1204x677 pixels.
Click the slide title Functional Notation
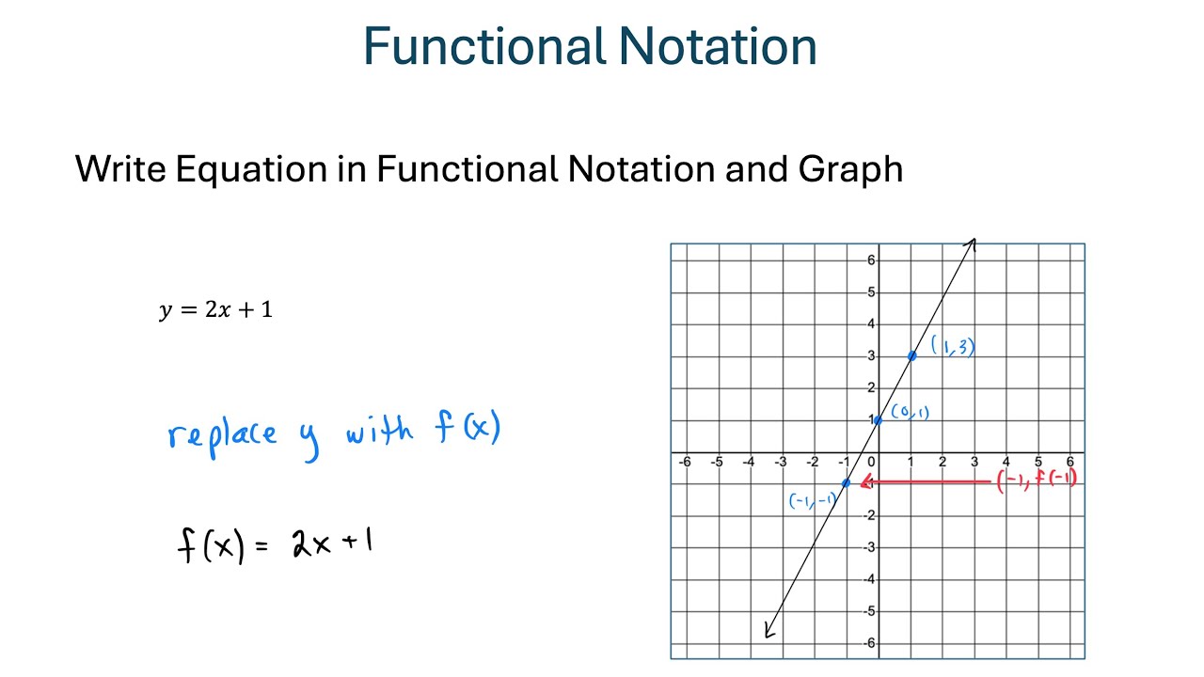click(x=590, y=47)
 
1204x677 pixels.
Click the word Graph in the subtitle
click(x=850, y=169)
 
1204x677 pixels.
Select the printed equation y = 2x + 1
click(x=216, y=310)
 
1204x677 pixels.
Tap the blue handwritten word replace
click(x=223, y=434)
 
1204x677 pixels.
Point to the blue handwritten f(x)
click(x=467, y=430)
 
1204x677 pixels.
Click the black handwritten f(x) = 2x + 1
click(x=275, y=544)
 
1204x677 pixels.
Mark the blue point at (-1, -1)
click(x=847, y=482)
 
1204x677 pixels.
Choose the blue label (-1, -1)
click(x=812, y=501)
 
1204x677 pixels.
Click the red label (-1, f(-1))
click(x=1036, y=480)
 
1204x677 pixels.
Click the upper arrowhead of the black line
click(x=973, y=244)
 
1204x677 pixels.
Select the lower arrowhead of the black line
click(x=769, y=632)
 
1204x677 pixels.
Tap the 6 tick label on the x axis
click(x=1069, y=463)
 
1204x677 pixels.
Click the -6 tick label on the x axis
click(x=685, y=463)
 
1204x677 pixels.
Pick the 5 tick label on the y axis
click(x=871, y=292)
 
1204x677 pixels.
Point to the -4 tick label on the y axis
click(x=869, y=579)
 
